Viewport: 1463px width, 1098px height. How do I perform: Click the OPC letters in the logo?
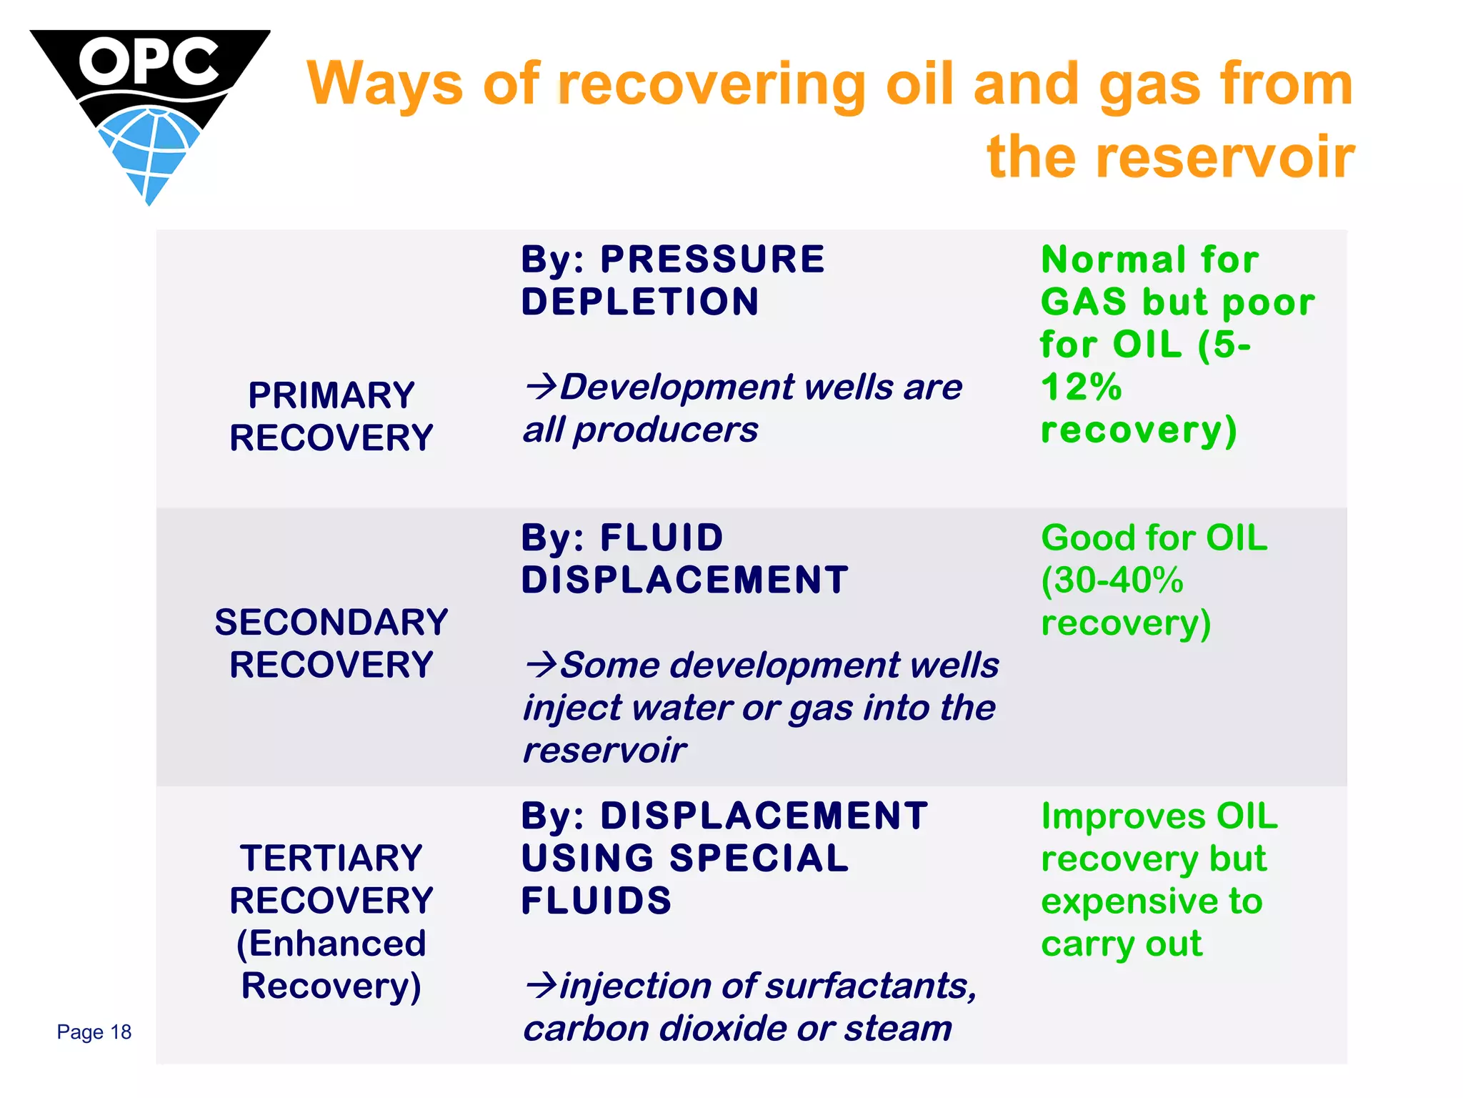[x=149, y=61]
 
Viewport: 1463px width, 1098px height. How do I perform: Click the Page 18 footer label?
[x=94, y=1032]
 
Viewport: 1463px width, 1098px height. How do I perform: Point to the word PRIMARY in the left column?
[x=331, y=395]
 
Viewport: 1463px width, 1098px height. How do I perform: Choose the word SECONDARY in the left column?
[x=331, y=622]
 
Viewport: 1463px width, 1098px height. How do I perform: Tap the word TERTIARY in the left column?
[x=331, y=858]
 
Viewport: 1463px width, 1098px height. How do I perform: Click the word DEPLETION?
[x=640, y=302]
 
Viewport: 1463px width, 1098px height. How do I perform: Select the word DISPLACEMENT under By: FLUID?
[x=685, y=580]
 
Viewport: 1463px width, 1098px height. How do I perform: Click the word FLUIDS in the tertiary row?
[x=596, y=901]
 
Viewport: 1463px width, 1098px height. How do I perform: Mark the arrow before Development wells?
[x=541, y=387]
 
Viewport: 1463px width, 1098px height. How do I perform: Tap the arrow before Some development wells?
[x=541, y=665]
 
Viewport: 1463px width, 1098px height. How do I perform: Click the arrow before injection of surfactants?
[x=541, y=986]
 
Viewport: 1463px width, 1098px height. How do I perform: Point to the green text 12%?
[x=1081, y=387]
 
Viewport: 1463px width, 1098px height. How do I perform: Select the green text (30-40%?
[x=1112, y=580]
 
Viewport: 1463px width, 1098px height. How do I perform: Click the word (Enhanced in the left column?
[x=331, y=944]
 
